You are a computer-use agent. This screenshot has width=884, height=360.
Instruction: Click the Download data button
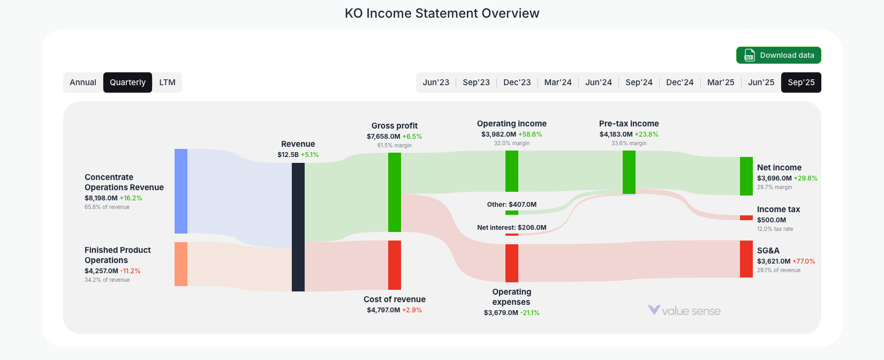(x=779, y=55)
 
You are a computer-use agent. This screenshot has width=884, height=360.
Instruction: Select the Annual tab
(x=83, y=82)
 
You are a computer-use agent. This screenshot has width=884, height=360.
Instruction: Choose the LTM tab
(x=167, y=82)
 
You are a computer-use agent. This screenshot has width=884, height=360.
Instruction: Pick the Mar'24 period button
(x=557, y=82)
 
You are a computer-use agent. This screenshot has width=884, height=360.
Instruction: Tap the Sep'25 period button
(x=801, y=82)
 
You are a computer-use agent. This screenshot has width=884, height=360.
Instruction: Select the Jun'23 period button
(x=436, y=82)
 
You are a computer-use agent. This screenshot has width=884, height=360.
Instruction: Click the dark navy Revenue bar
(x=298, y=227)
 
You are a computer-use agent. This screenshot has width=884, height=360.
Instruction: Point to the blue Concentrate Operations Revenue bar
(x=181, y=191)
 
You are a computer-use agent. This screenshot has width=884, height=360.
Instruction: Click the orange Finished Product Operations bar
(x=181, y=264)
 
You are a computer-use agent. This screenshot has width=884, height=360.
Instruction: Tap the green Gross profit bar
(x=395, y=192)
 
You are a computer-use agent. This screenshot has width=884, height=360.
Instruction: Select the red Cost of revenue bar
(x=395, y=265)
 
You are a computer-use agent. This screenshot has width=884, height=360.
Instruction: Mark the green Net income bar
(x=746, y=176)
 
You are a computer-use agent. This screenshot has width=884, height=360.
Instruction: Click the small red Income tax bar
(x=746, y=218)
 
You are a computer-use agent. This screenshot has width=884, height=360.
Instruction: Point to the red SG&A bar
(x=746, y=259)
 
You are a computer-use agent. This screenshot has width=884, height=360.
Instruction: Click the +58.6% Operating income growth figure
(x=530, y=134)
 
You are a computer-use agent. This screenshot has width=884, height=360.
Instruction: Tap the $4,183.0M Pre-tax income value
(x=616, y=134)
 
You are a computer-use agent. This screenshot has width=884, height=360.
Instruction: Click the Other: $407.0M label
(x=511, y=205)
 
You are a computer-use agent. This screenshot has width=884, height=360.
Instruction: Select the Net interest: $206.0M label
(x=511, y=228)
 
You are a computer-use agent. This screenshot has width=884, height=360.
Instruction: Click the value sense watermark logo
(x=684, y=311)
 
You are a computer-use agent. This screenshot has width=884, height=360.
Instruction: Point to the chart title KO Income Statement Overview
(x=442, y=13)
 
